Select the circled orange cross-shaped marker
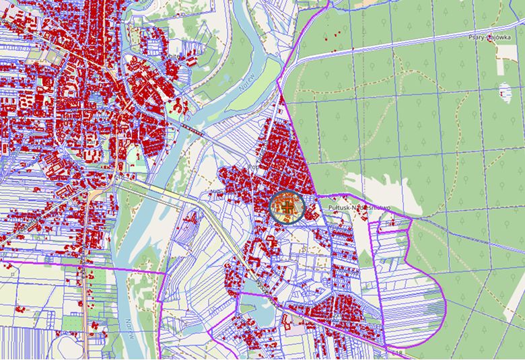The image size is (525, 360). coord(287,207)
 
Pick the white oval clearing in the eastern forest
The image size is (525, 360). coord(505,90)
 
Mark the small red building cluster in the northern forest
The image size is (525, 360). coord(336,33)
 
